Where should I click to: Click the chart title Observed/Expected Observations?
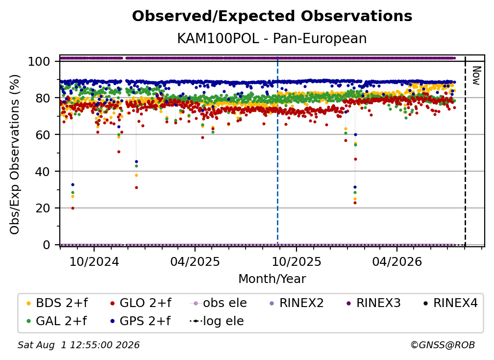(272, 16)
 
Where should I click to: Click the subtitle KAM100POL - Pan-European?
(272, 38)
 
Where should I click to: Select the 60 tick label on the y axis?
(43, 134)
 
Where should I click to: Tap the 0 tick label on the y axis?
(46, 245)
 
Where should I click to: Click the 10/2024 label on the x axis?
(94, 261)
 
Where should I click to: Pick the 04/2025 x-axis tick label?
(195, 261)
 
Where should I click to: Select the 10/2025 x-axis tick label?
(296, 261)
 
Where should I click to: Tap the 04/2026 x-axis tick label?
(397, 261)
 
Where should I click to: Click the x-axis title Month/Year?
(272, 279)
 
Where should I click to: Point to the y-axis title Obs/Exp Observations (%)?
(15, 154)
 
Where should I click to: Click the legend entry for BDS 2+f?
(57, 303)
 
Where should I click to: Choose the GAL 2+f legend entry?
(57, 321)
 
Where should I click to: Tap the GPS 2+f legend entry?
(140, 321)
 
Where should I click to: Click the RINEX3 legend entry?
(373, 303)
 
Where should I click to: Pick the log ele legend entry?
(217, 321)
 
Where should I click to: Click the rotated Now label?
(476, 76)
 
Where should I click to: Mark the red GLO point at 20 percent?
(73, 208)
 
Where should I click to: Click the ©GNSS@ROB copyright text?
(443, 345)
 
